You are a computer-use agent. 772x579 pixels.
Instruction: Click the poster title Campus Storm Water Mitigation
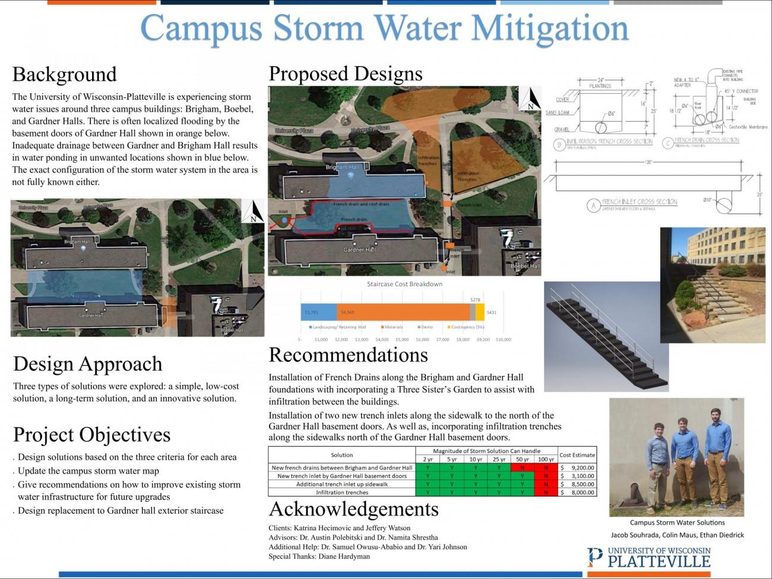[x=384, y=28]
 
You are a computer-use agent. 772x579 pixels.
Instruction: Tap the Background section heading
[x=64, y=74]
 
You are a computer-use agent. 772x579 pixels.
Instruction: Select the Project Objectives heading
[x=91, y=435]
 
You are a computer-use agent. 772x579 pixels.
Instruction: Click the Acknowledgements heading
[x=353, y=509]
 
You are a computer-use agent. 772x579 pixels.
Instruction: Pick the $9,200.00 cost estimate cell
[x=577, y=467]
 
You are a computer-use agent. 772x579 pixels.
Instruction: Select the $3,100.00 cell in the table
[x=577, y=476]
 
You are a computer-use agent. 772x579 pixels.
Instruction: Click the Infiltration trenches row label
[x=342, y=492]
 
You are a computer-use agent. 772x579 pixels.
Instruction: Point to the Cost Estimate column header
[x=577, y=455]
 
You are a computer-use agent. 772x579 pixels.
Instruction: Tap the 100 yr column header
[x=546, y=459]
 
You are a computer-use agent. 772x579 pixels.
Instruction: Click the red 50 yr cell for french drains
[x=522, y=467]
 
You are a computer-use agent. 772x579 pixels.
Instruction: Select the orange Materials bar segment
[x=403, y=312]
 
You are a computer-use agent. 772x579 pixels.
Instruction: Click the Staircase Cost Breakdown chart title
[x=404, y=284]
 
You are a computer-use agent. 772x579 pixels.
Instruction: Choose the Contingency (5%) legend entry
[x=466, y=327]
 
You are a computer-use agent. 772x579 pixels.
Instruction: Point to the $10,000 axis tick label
[x=503, y=340]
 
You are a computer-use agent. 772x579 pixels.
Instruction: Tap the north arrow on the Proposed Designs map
[x=530, y=99]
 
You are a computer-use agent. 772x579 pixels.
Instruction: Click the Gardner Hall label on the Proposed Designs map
[x=359, y=249]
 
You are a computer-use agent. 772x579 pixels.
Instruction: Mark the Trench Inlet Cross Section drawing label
[x=638, y=203]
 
